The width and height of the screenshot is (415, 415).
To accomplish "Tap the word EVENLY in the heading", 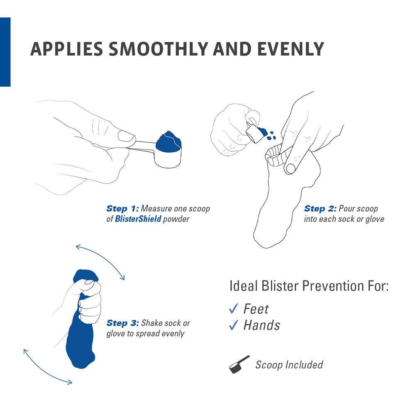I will pyautogui.click(x=289, y=49).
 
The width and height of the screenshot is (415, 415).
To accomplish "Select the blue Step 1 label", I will pyautogui.click(x=123, y=208).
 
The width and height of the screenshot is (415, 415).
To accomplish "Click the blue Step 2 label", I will pyautogui.click(x=320, y=208).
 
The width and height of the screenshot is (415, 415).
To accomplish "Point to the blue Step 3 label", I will pyautogui.click(x=123, y=323).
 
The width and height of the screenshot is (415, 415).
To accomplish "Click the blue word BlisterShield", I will pyautogui.click(x=138, y=219).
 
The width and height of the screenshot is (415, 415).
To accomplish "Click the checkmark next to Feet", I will pyautogui.click(x=233, y=308).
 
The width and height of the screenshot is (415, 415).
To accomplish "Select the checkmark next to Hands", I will pyautogui.click(x=233, y=325).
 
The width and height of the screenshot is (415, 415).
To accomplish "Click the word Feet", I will pyautogui.click(x=256, y=309).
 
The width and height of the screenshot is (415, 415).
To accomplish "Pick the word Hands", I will pyautogui.click(x=261, y=325).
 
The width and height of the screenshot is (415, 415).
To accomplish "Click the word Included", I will pyautogui.click(x=303, y=365).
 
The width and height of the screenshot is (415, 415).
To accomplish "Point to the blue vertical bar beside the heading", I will pyautogui.click(x=5, y=52).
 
